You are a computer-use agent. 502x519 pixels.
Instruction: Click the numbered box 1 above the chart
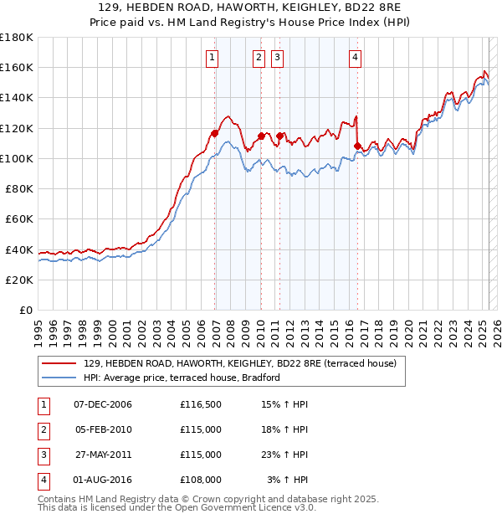(x=213, y=58)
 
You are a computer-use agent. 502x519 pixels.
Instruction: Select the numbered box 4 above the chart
(x=356, y=58)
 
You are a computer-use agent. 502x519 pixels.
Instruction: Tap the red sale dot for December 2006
(x=215, y=133)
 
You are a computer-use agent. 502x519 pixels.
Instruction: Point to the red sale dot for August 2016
(x=357, y=146)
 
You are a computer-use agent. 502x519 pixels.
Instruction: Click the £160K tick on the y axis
(x=17, y=68)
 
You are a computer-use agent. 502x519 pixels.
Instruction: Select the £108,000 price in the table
(x=200, y=480)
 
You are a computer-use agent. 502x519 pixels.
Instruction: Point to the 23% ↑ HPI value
(x=284, y=455)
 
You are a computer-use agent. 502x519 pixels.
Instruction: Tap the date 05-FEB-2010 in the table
(x=103, y=430)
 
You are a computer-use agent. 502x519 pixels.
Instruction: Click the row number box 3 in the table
(x=43, y=455)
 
